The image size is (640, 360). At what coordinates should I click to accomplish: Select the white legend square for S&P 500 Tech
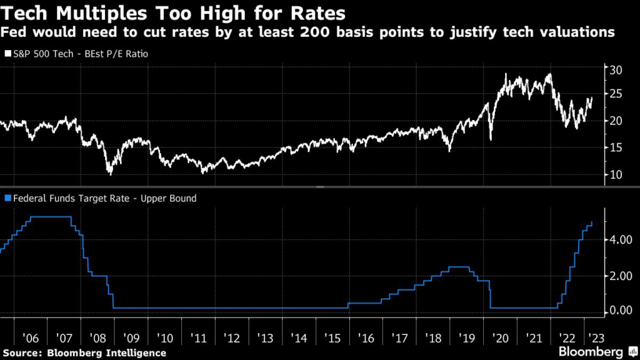click(x=7, y=54)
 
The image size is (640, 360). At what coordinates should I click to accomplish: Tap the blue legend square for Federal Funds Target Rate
click(x=7, y=199)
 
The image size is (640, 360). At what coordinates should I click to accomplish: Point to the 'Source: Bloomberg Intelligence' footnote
click(x=84, y=353)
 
